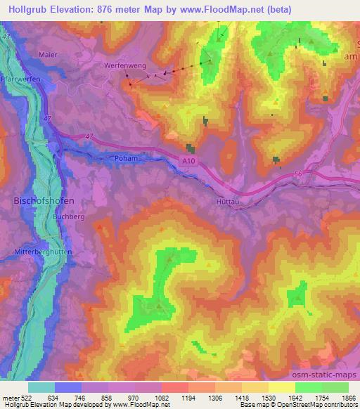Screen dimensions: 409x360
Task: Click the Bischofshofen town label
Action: point(44,200)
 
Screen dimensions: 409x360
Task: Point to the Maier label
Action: point(48,55)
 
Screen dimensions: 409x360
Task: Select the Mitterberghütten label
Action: point(37,251)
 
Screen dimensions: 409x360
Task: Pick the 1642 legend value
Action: point(283,398)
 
